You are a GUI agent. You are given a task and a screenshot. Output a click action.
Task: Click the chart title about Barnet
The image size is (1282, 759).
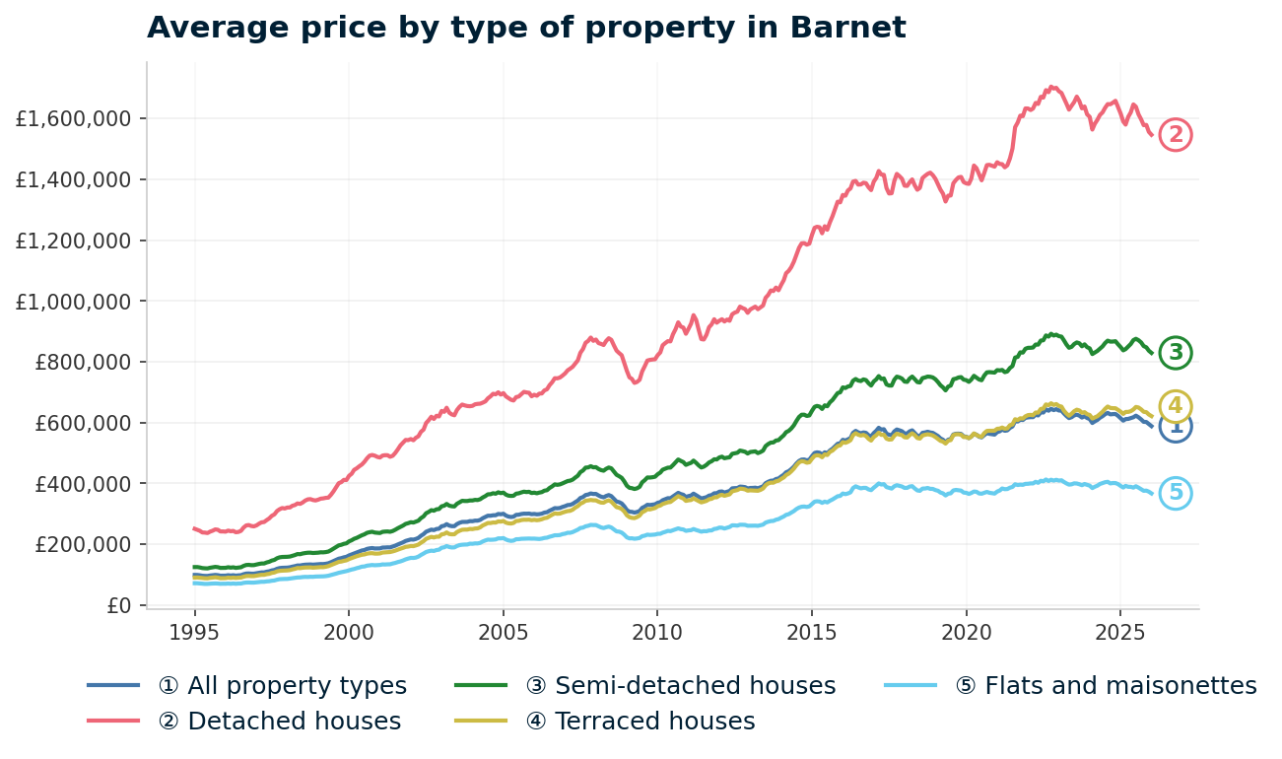click(526, 28)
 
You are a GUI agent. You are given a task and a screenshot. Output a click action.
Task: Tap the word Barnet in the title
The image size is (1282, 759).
click(848, 28)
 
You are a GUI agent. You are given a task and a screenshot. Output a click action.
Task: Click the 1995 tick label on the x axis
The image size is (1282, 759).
click(195, 631)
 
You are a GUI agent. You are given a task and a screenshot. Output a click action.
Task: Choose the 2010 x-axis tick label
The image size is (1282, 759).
click(657, 631)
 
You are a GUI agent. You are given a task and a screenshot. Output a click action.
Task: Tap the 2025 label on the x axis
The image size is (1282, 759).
click(1119, 631)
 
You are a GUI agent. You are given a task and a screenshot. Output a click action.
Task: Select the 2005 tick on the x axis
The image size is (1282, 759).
click(504, 631)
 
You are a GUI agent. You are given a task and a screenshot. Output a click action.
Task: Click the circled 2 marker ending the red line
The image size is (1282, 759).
click(1176, 134)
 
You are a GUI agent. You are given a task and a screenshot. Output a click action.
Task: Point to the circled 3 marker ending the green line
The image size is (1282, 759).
click(1176, 352)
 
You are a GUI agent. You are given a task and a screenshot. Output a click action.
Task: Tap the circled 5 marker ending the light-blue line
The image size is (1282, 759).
click(1176, 493)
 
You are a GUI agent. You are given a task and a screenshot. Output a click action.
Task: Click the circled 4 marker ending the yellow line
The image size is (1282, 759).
click(1176, 406)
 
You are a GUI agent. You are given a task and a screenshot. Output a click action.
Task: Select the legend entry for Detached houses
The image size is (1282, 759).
click(294, 722)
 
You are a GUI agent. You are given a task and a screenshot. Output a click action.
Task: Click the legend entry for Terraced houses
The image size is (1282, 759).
click(654, 722)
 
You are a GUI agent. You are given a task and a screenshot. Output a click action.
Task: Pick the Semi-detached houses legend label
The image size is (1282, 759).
click(695, 686)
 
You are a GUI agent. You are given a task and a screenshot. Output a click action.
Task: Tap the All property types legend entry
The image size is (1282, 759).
click(297, 686)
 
